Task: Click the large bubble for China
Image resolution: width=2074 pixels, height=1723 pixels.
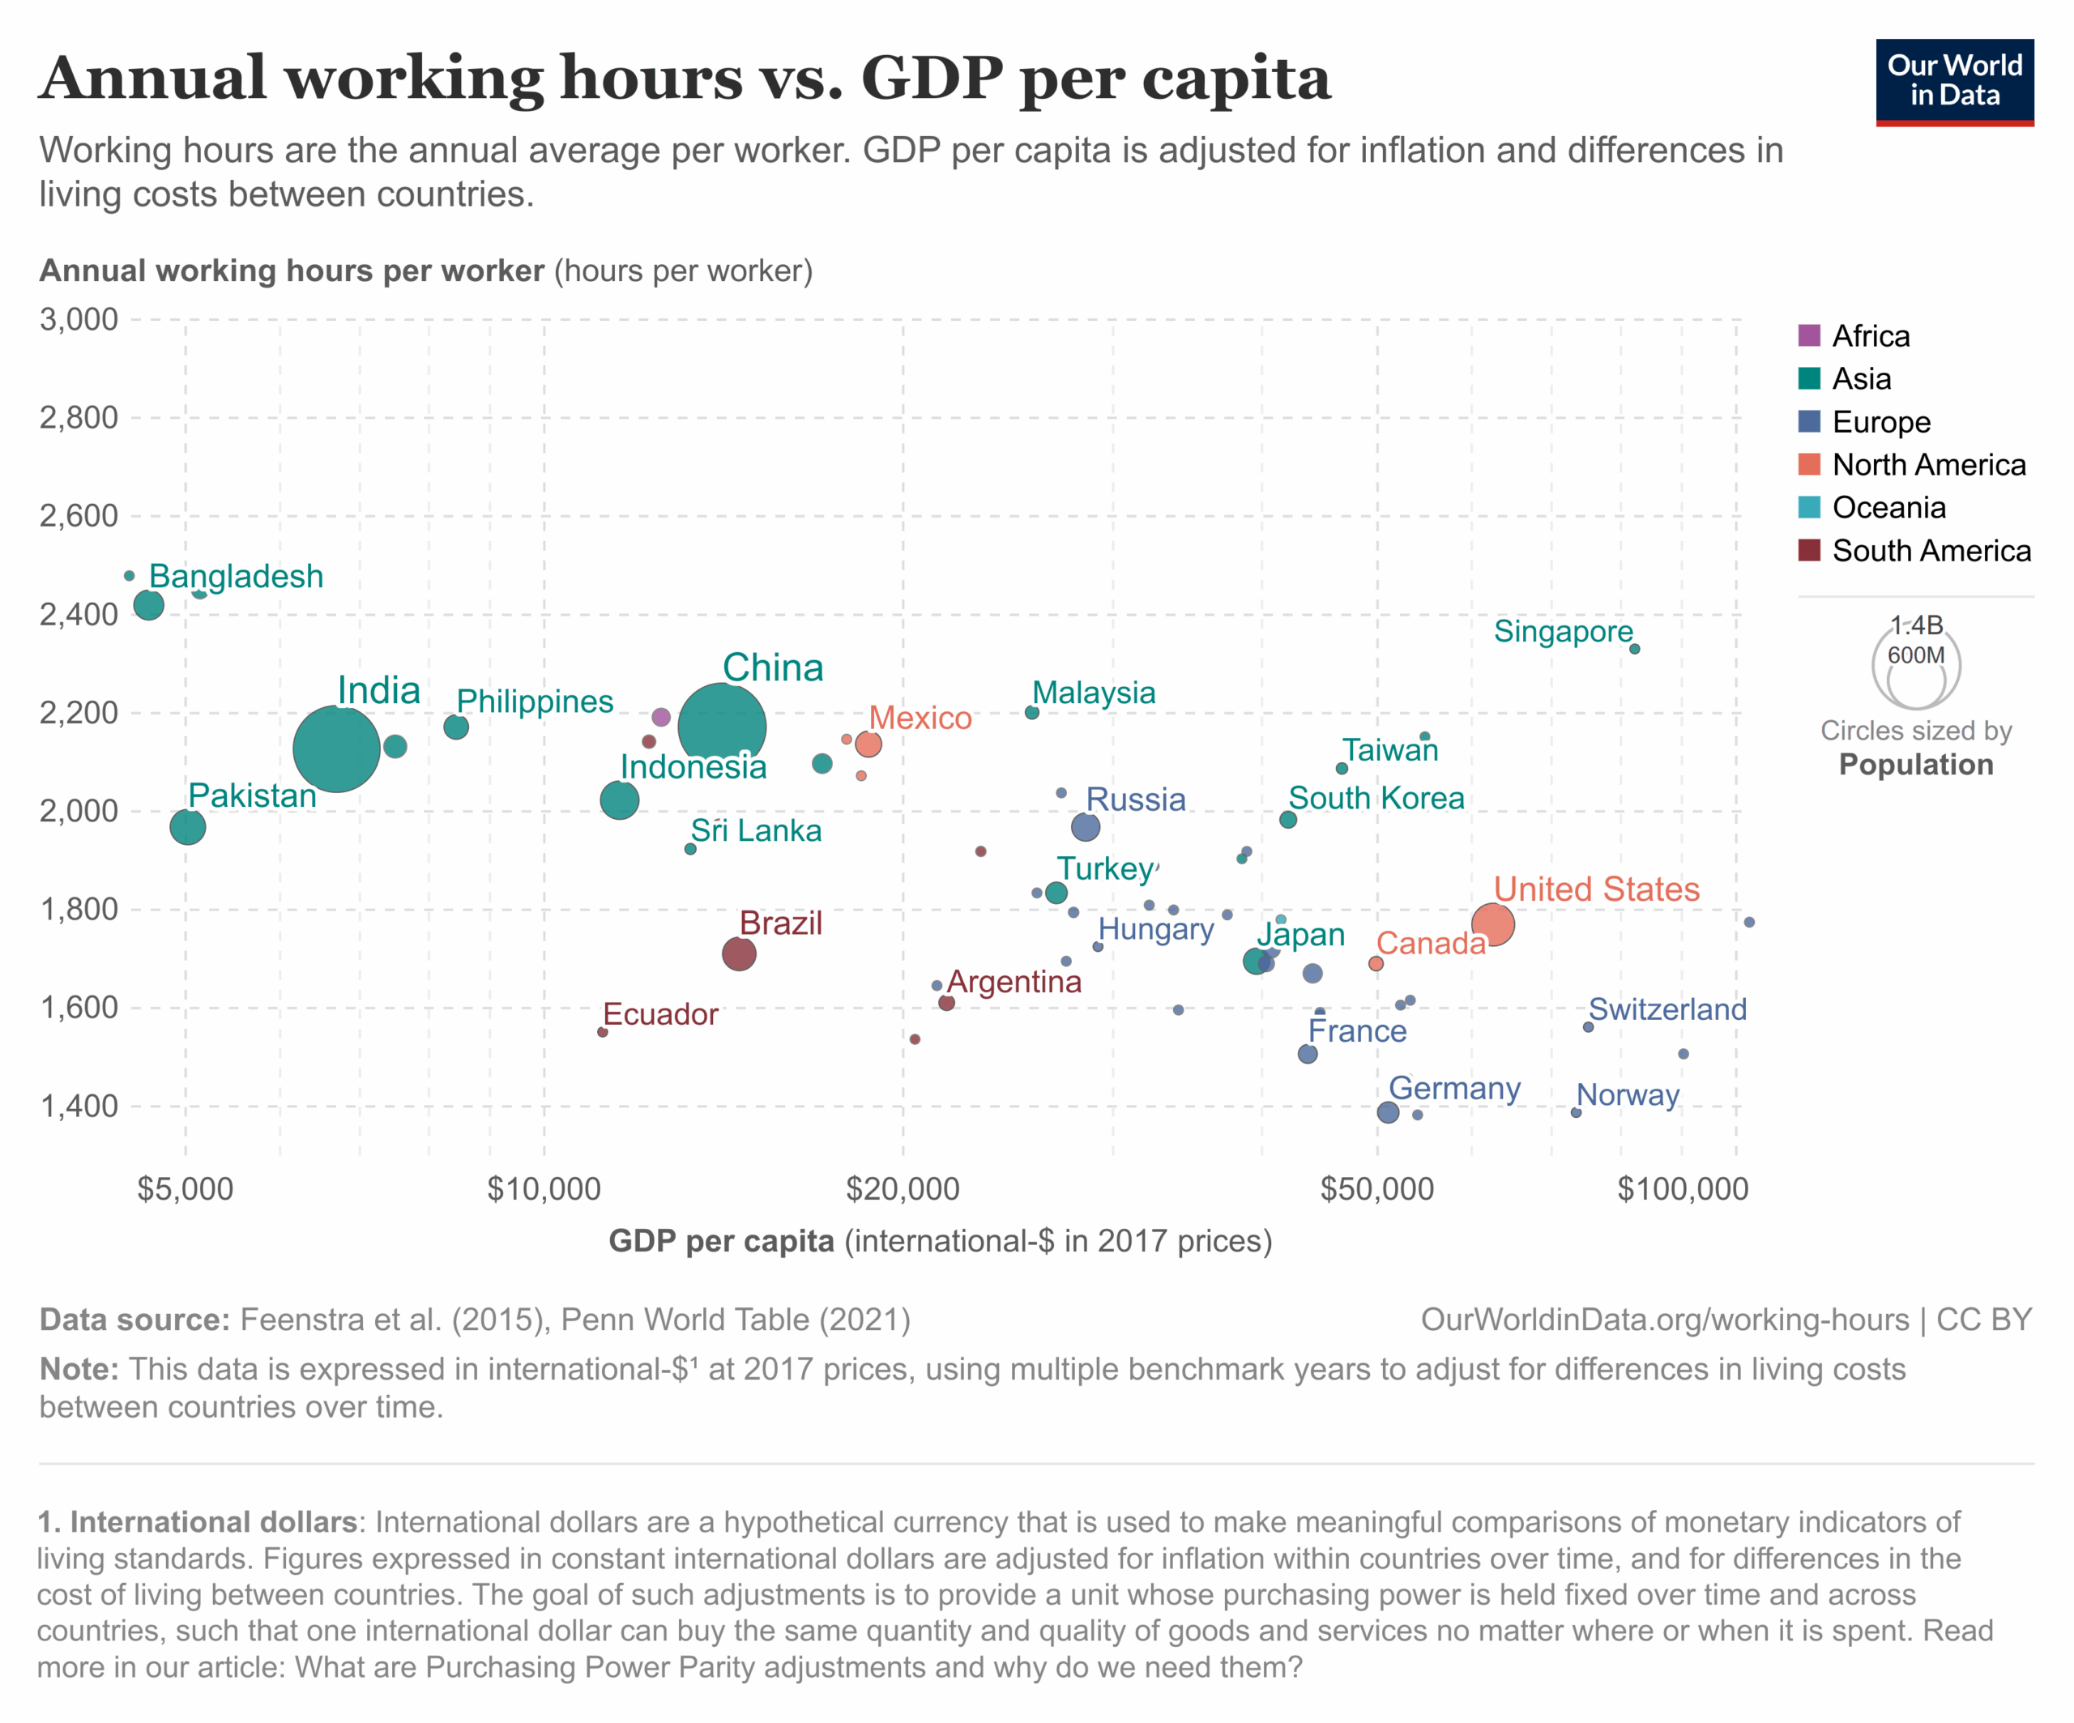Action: click(722, 727)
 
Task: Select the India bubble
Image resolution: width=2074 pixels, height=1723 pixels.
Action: click(337, 748)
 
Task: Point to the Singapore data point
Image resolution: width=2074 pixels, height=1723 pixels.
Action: click(1635, 649)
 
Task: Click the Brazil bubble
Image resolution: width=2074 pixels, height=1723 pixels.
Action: click(739, 953)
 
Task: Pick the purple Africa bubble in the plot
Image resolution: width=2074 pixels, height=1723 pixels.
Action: click(662, 717)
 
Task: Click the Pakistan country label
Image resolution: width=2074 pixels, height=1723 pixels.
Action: click(252, 795)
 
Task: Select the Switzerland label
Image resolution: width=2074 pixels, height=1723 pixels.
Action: click(1667, 1009)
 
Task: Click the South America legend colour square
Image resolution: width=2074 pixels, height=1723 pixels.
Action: click(1809, 550)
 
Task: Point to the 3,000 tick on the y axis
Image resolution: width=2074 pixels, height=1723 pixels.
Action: click(79, 320)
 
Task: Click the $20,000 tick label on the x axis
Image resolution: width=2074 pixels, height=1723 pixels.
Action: click(902, 1189)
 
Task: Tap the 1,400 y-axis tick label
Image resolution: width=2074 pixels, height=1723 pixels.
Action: click(79, 1106)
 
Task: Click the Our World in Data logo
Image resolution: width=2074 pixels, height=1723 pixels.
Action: click(1954, 82)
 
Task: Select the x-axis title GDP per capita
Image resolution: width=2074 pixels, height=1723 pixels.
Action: click(721, 1241)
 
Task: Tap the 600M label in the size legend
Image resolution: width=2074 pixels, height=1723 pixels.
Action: click(1916, 655)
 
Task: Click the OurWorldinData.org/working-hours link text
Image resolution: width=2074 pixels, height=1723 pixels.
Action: click(1664, 1320)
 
